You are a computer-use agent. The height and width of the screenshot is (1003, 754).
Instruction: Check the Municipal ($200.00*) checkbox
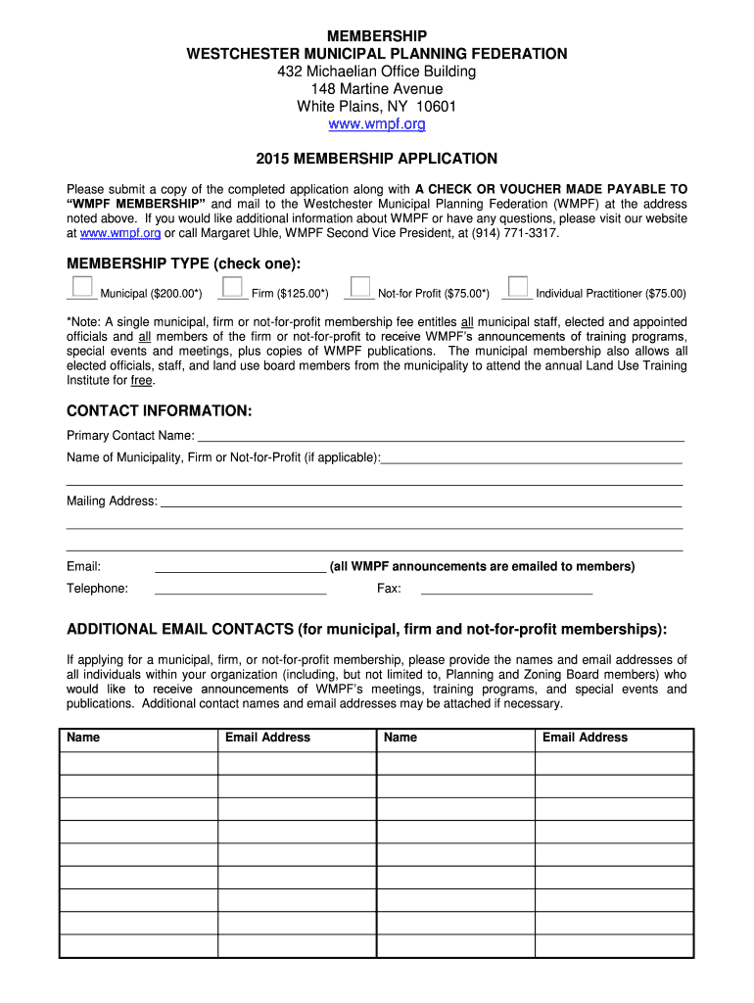pos(83,286)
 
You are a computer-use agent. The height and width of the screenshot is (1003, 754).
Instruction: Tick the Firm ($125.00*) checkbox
pos(233,286)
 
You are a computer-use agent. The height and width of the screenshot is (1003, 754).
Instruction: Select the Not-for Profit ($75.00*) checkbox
pos(361,286)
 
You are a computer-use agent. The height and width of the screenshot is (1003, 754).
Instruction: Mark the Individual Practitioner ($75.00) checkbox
pos(518,286)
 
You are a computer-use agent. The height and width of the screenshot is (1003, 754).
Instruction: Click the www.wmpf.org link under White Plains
pos(376,125)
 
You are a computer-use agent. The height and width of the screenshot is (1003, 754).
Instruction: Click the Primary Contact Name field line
pos(441,436)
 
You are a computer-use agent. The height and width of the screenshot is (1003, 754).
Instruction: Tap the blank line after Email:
pos(240,566)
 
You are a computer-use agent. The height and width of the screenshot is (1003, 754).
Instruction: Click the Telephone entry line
pos(240,589)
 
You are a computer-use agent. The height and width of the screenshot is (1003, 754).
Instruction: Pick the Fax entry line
pos(506,589)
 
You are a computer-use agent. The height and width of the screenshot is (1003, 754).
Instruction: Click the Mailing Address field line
pos(421,501)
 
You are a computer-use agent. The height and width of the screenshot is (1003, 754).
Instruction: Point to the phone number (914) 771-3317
pos(521,233)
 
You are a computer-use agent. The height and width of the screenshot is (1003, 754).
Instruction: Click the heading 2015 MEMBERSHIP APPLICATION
pos(376,159)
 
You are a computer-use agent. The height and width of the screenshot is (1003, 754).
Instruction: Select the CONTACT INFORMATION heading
pos(160,410)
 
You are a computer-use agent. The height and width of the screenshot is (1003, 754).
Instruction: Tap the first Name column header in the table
pos(83,738)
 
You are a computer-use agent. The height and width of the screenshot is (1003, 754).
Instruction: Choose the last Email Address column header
pos(585,738)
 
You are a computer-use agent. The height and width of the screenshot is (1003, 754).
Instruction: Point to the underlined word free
pos(142,381)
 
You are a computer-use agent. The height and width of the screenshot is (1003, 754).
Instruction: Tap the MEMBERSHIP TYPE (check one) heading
pos(184,263)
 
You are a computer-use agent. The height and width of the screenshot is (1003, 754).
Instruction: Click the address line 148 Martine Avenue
pos(376,89)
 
